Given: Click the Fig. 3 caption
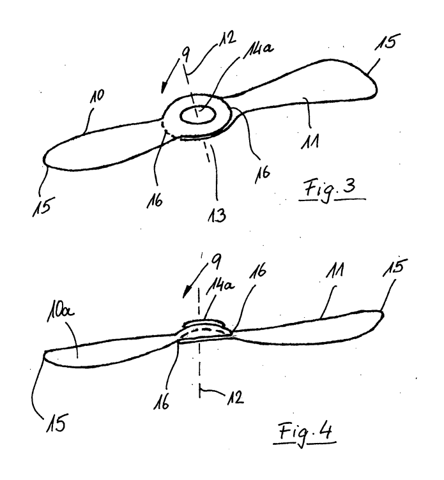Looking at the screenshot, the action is click(x=330, y=189).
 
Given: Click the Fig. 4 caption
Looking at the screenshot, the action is click(x=305, y=432).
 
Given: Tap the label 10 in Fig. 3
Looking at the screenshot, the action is click(x=97, y=96).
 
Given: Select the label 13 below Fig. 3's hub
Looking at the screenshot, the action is click(x=217, y=215).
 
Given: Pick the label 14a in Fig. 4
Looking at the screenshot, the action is click(x=220, y=288).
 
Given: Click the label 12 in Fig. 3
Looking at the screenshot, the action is click(x=227, y=39).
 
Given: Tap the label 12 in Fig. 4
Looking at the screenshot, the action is click(x=235, y=398).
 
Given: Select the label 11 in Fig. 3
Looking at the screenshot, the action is click(x=310, y=142).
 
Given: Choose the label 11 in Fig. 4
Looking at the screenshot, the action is click(x=335, y=270).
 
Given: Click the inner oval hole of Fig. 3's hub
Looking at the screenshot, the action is click(x=197, y=115).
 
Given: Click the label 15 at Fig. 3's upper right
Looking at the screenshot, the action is click(x=387, y=42).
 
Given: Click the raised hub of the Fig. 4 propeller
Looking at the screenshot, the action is click(x=203, y=330).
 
